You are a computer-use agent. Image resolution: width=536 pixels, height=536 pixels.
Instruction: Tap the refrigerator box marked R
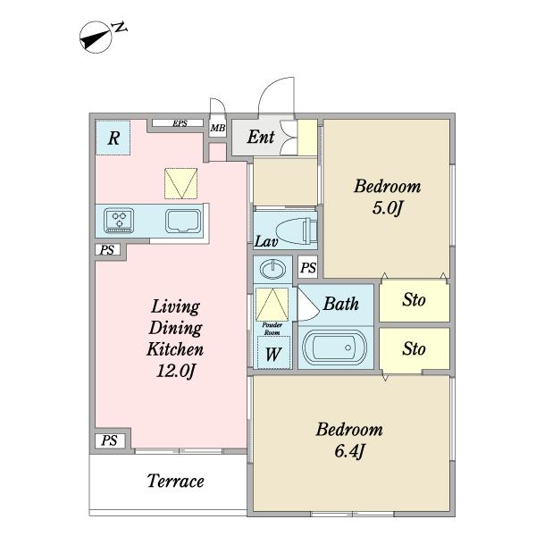[x=113, y=138]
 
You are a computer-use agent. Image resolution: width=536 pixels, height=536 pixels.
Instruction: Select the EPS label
[x=180, y=123]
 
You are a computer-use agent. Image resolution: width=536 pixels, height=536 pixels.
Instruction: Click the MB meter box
[x=218, y=128]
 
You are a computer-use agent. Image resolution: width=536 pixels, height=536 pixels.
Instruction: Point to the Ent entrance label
[x=261, y=137]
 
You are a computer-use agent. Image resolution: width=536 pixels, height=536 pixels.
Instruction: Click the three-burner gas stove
[x=119, y=221]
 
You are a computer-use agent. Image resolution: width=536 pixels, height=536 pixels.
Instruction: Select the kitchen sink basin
[x=183, y=222]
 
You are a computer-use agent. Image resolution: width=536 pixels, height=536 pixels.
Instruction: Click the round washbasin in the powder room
[x=272, y=268]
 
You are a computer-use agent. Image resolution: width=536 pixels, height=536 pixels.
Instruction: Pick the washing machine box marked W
[x=273, y=353]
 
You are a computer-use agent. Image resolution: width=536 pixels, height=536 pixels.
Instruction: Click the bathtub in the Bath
[x=335, y=348]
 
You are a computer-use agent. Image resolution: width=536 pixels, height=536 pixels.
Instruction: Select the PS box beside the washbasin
[x=308, y=267]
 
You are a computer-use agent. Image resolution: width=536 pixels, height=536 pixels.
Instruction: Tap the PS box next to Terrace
[x=109, y=440]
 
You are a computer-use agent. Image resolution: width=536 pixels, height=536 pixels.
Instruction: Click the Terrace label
[x=176, y=481]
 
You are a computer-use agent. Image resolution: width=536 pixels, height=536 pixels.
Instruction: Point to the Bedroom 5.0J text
[x=388, y=197]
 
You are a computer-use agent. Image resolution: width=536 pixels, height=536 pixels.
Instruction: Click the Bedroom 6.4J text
[x=349, y=440]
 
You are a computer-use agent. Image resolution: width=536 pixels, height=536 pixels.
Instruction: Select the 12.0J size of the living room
[x=175, y=370]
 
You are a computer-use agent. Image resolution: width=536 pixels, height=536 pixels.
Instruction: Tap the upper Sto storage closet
[x=415, y=300]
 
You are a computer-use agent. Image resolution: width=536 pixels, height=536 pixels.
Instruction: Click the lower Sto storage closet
[x=415, y=349]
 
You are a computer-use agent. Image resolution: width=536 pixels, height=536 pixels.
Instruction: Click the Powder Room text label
[x=272, y=329]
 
